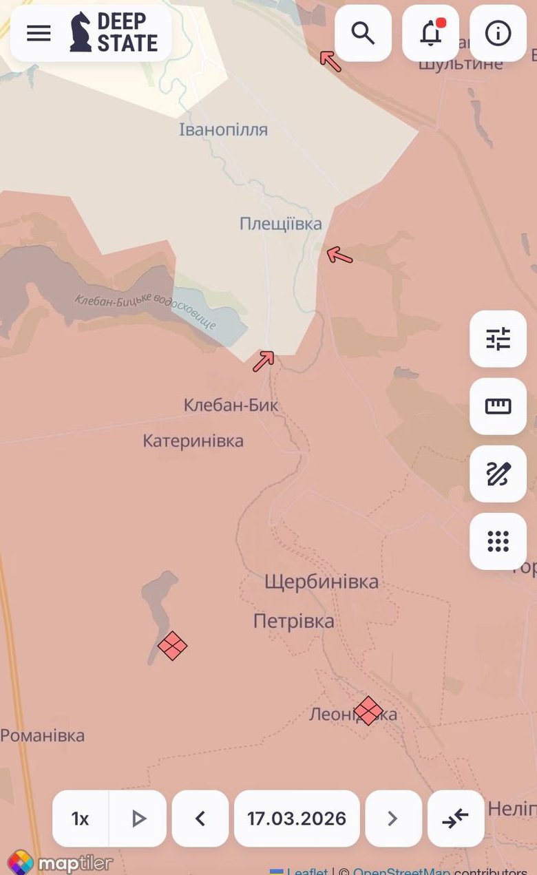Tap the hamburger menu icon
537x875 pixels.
tap(39, 32)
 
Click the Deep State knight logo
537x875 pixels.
tap(81, 32)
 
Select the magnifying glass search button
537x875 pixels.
tap(363, 32)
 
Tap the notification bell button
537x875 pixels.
tap(431, 32)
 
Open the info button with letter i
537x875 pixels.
tap(498, 32)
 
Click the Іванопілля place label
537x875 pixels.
tap(223, 129)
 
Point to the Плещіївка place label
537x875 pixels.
tap(280, 224)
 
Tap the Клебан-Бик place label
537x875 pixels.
tap(231, 405)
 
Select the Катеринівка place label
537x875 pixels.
tap(193, 441)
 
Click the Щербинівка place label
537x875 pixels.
tap(322, 582)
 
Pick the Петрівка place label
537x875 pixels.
tap(294, 622)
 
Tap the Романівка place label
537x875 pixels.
tap(43, 735)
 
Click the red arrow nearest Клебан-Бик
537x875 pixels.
tap(264, 360)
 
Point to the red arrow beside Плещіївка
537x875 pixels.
tap(339, 256)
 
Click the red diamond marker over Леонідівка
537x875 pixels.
tap(368, 710)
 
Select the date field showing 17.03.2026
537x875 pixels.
tap(297, 819)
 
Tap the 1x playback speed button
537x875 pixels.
tap(81, 819)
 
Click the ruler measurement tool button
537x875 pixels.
tap(498, 406)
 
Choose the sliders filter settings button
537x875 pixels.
tap(498, 339)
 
